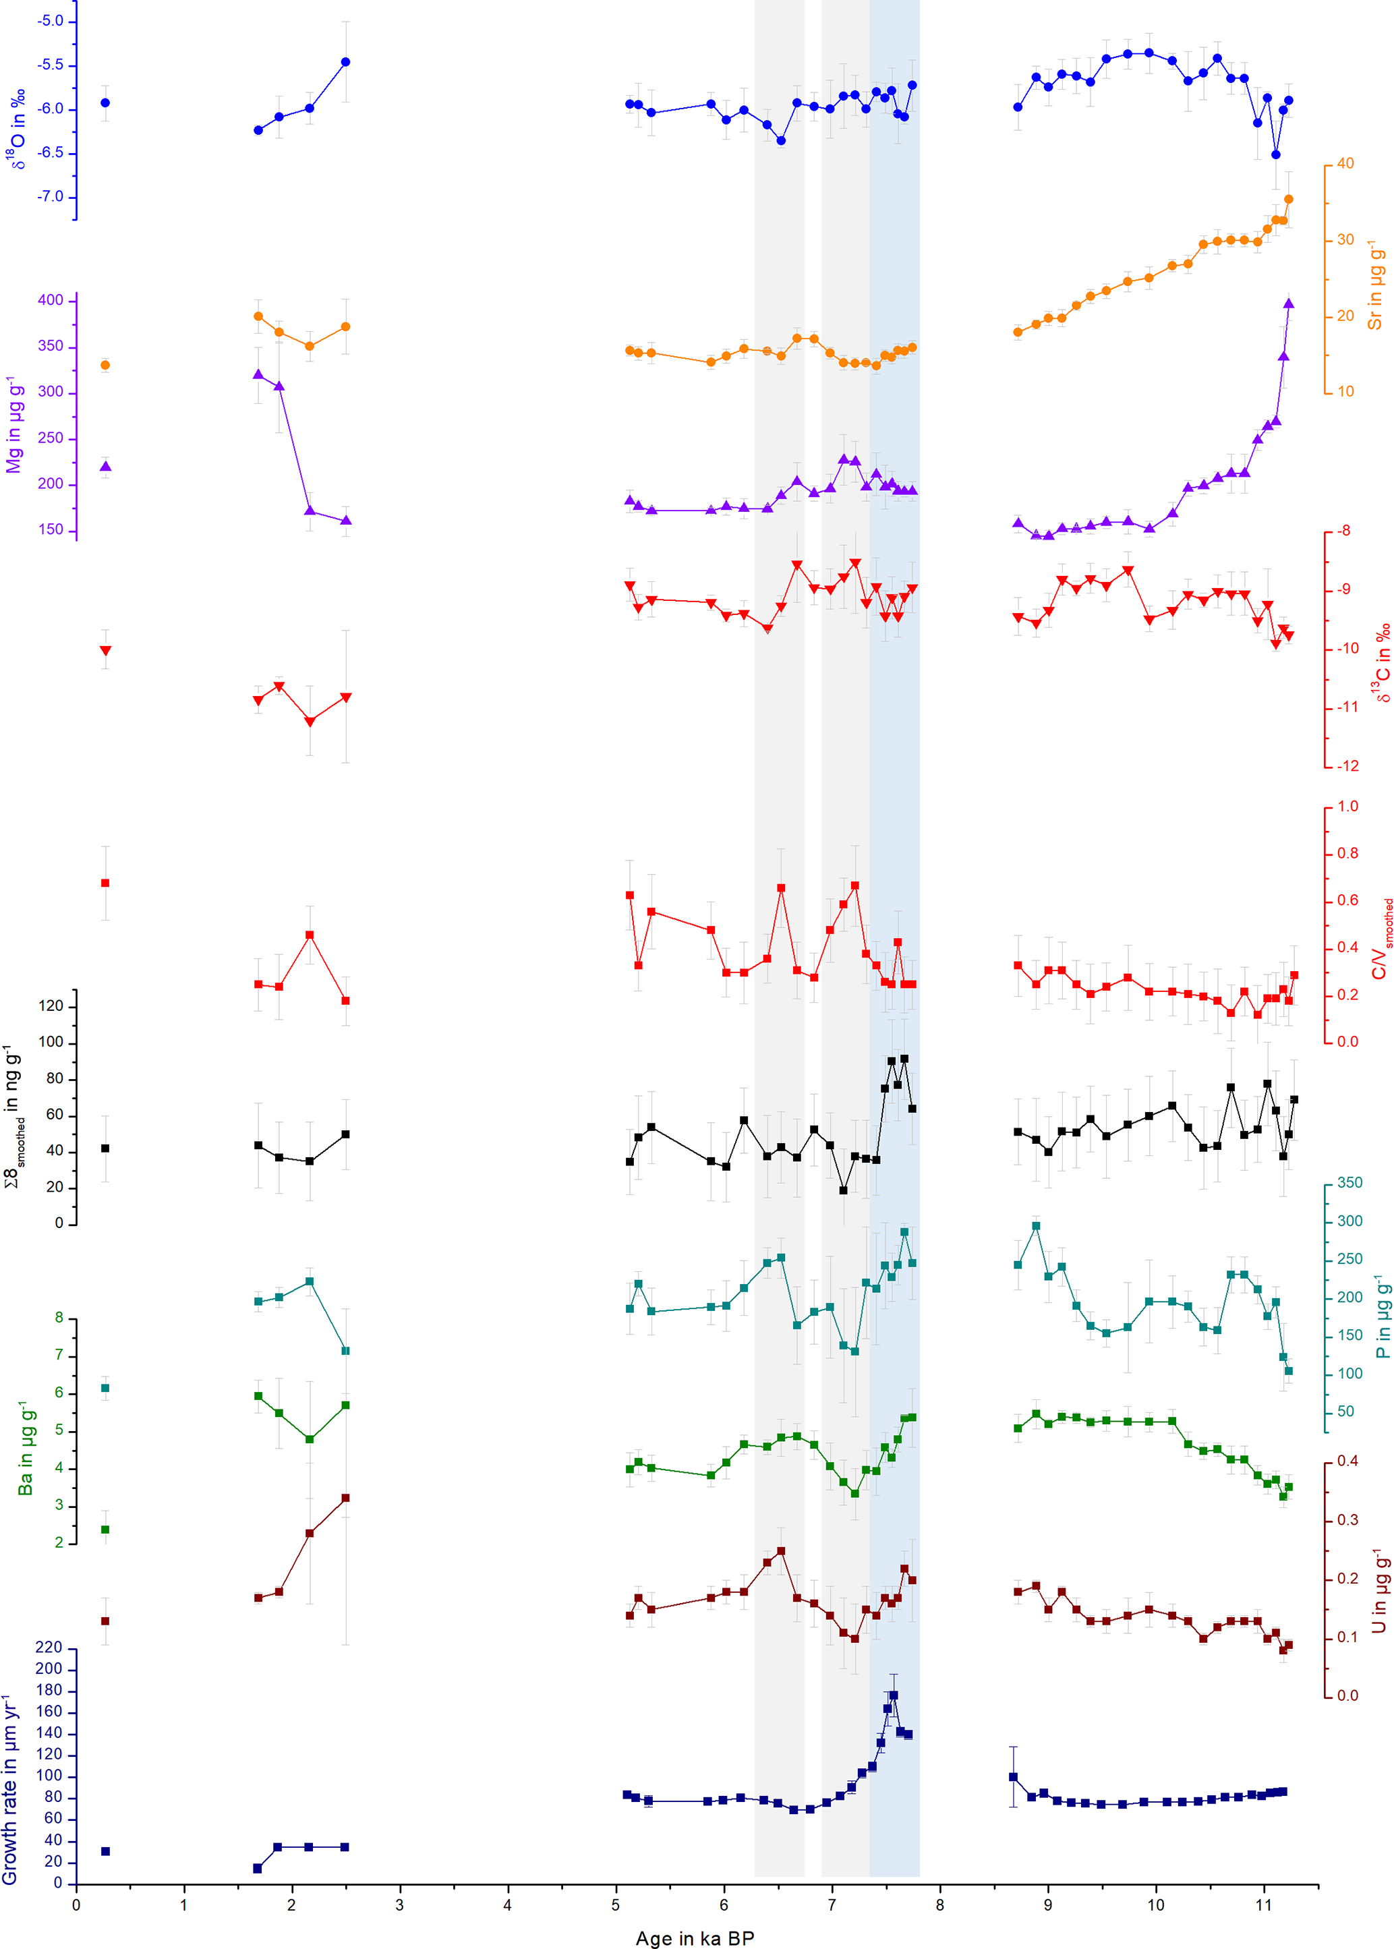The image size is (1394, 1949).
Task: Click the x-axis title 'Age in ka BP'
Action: (x=695, y=1938)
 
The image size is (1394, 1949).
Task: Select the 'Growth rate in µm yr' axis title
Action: (x=10, y=1788)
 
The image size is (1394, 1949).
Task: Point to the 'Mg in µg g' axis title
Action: (x=13, y=424)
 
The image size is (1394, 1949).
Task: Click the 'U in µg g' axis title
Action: (x=1378, y=1590)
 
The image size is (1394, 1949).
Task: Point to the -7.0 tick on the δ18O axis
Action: (x=50, y=196)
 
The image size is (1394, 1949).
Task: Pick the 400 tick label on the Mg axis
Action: (x=51, y=300)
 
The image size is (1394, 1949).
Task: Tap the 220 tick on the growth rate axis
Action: (x=49, y=1648)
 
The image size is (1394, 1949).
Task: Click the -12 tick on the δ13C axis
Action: (x=1347, y=765)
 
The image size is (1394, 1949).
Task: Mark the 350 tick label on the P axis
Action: (x=1349, y=1183)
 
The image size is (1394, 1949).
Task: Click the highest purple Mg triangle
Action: (x=1288, y=303)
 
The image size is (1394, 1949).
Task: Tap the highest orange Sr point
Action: (x=1288, y=199)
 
